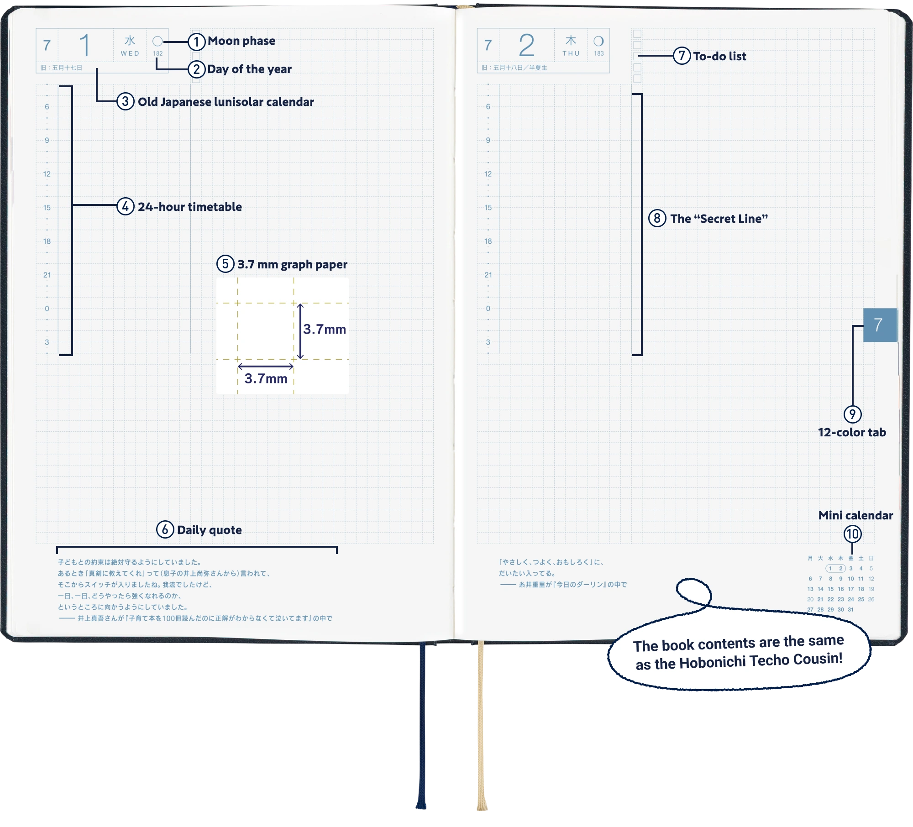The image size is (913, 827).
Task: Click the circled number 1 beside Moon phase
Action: click(x=196, y=42)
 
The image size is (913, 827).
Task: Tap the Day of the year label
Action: click(x=249, y=69)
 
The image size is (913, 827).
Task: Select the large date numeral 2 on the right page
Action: click(x=526, y=46)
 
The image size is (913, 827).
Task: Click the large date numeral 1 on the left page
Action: click(x=85, y=46)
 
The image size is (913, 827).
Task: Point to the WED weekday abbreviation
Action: click(x=130, y=53)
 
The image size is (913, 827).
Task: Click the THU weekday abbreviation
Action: click(x=571, y=53)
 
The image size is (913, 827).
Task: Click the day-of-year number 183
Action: click(x=599, y=53)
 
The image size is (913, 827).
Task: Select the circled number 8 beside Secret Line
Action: click(x=657, y=218)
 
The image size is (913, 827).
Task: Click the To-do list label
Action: click(x=719, y=56)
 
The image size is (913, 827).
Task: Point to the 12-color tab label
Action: click(x=852, y=432)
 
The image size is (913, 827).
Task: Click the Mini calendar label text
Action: click(x=855, y=515)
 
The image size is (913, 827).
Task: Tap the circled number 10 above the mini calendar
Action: click(x=852, y=534)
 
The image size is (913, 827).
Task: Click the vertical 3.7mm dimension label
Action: click(x=325, y=329)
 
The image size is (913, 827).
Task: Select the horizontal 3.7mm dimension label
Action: click(x=266, y=378)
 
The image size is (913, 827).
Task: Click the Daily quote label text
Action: click(x=209, y=530)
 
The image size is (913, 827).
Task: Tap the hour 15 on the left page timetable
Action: click(x=47, y=208)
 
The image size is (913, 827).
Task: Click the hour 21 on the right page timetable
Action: click(x=488, y=275)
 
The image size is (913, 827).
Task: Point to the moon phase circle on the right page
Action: click(x=598, y=41)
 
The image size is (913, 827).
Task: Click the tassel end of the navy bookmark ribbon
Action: click(x=420, y=806)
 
